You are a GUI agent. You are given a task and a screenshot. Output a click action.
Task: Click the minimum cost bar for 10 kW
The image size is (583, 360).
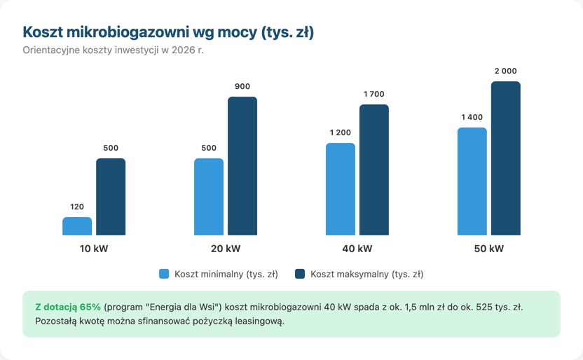[x=77, y=226]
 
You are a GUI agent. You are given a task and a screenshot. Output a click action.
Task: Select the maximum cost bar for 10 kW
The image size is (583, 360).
[x=111, y=197]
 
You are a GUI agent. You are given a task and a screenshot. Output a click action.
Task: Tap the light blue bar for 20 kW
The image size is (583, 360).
[x=209, y=197]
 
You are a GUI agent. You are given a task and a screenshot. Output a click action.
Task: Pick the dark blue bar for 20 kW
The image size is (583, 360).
[x=242, y=166]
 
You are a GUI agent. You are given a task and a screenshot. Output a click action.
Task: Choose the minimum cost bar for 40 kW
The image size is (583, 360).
[x=341, y=189]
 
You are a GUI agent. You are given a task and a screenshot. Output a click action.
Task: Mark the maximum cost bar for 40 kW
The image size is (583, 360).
[x=374, y=170]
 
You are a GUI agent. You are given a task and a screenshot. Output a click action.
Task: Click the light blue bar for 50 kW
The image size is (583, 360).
[x=472, y=181]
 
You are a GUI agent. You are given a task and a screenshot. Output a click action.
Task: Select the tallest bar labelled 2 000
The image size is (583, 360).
[x=505, y=158]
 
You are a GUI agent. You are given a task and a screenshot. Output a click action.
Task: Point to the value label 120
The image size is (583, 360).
[x=77, y=207]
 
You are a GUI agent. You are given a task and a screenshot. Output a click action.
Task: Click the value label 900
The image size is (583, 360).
[x=242, y=86]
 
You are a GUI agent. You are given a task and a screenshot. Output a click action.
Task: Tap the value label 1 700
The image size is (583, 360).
[x=374, y=94]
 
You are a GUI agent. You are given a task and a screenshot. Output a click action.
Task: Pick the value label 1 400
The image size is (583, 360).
[x=472, y=117]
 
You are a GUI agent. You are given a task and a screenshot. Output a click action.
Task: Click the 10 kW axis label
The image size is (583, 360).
[x=94, y=249]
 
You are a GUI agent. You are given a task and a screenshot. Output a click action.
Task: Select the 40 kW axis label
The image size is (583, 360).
[x=357, y=249]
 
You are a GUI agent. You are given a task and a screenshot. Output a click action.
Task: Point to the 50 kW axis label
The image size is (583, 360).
[x=488, y=249]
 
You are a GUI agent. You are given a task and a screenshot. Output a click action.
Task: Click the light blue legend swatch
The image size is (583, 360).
[x=165, y=274]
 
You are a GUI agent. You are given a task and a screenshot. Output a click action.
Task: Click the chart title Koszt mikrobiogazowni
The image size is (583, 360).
[x=168, y=32]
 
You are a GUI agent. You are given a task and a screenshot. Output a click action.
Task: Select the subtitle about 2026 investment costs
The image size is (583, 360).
[x=113, y=50]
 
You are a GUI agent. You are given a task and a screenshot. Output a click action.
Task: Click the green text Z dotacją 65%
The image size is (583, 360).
[x=68, y=307]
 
